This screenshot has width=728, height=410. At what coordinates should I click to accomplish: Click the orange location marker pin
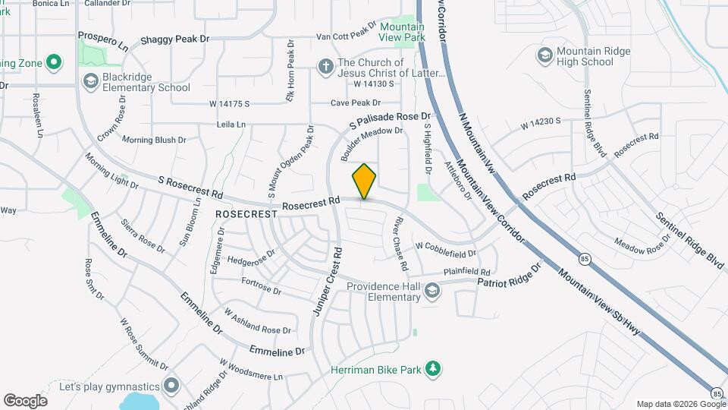point(365,181)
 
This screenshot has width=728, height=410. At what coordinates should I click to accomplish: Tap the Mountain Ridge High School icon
point(544,55)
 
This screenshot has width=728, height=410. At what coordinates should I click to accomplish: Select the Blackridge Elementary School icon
point(90,81)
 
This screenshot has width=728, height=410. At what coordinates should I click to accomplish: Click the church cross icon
point(325,67)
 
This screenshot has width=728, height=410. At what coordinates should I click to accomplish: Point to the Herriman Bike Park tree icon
point(433,370)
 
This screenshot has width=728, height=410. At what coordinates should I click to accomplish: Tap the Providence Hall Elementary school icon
point(431,291)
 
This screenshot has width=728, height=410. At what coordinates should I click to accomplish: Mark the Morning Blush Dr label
point(154,140)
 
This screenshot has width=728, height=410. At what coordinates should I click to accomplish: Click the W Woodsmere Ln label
point(251,371)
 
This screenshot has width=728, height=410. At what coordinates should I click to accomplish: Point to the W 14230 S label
point(539,121)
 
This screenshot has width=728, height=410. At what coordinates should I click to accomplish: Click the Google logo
point(25,401)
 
